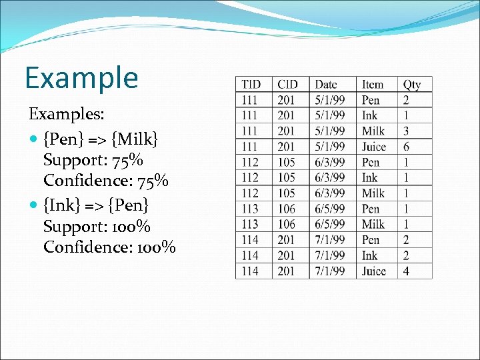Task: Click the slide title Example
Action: click(81, 78)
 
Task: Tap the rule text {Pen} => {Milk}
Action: click(100, 140)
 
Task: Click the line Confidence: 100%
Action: click(109, 248)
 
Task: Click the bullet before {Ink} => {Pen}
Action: click(35, 205)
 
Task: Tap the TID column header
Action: click(251, 85)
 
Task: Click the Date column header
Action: click(326, 85)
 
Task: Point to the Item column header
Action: click(373, 85)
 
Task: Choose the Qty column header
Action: click(412, 85)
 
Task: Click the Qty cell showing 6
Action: click(406, 147)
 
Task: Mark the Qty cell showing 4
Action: click(406, 271)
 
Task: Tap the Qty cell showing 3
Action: click(406, 131)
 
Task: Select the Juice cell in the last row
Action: click(373, 271)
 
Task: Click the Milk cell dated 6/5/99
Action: click(373, 225)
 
